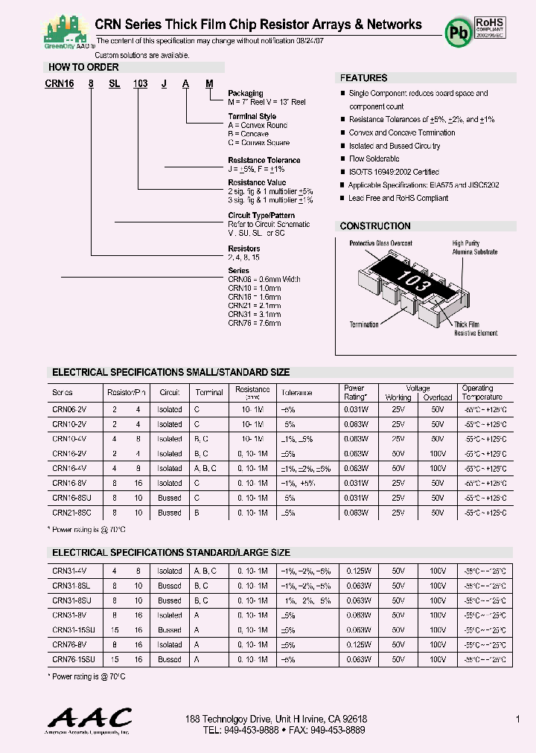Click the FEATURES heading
363,77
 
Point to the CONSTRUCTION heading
374,225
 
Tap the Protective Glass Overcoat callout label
380,243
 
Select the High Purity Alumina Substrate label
474,248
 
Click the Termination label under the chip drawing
364,324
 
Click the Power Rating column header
354,392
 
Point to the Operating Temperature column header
482,392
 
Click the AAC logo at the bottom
89,720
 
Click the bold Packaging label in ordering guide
245,94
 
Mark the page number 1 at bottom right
517,720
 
